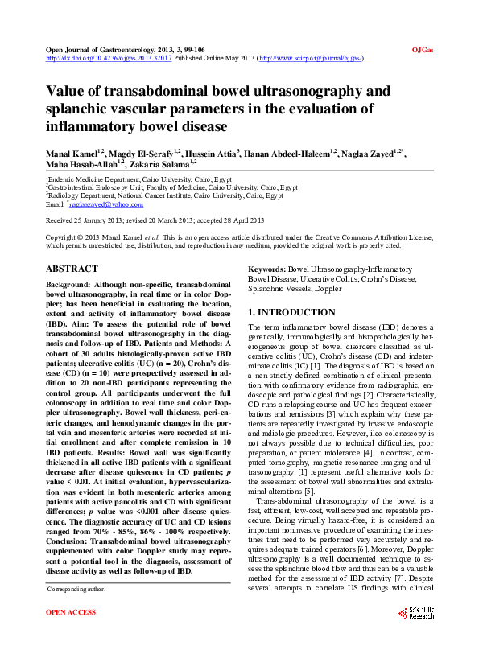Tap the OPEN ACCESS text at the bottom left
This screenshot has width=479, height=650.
[71, 635]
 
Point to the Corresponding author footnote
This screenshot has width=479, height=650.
[76, 611]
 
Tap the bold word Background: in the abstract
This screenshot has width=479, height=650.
[68, 286]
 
